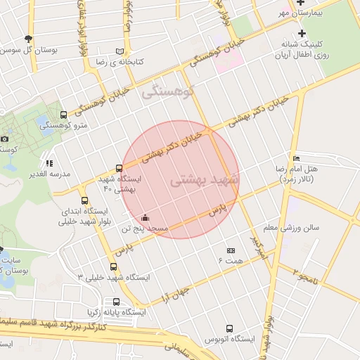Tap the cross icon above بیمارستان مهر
click(300, 2)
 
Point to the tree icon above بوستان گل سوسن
click(27, 39)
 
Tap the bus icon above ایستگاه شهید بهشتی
click(118, 168)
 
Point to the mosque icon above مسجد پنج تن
click(145, 217)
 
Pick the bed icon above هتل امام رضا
click(296, 159)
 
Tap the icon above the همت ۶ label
click(231, 251)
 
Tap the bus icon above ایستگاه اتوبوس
click(229, 328)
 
